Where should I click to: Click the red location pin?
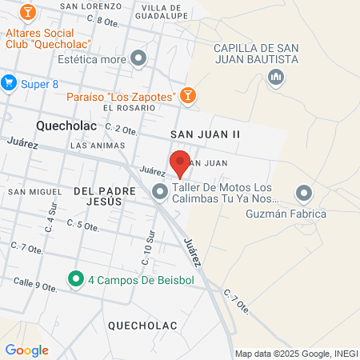180,163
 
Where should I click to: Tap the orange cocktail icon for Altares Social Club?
29,13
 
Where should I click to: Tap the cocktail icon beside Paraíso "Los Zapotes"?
186,96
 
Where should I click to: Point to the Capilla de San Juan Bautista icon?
276,77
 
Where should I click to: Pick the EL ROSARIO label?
128,108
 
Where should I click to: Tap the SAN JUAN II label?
206,134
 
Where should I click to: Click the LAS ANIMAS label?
98,146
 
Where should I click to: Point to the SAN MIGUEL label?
34,192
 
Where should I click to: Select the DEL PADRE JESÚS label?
98,197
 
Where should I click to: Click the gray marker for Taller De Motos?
160,190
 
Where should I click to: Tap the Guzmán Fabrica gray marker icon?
304,193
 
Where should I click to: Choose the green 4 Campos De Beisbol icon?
76,278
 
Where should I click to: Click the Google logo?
26,350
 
